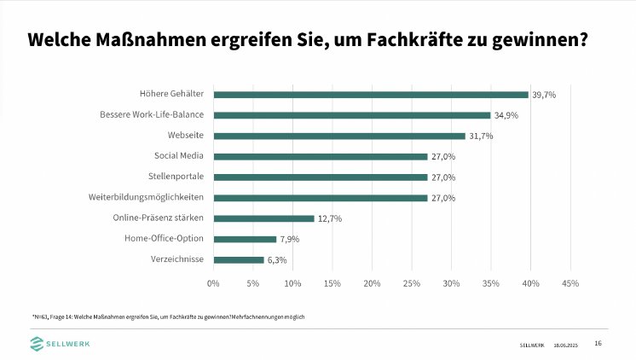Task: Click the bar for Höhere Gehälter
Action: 371,95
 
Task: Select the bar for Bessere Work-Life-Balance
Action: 351,115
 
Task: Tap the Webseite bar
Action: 339,136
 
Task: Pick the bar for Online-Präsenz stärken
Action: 263,218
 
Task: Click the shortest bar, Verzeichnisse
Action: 238,259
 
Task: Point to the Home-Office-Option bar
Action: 245,239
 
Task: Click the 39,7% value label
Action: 544,95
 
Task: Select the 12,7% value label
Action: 330,218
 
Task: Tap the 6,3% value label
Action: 277,259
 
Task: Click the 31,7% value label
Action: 481,136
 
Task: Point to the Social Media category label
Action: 178,156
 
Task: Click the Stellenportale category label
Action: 175,177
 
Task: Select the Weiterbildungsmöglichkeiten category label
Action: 146,197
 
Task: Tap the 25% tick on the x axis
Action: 412,282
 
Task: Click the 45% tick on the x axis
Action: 570,282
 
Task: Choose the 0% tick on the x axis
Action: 213,282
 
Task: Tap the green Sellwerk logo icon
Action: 38,343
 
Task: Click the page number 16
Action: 598,343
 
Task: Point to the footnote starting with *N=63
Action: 168,316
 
